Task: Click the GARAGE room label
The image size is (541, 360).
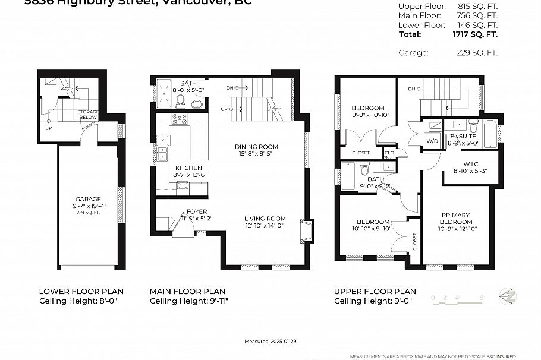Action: coord(88,199)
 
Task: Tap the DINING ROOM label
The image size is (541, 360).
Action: coord(256,147)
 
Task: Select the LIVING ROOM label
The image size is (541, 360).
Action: coord(265,218)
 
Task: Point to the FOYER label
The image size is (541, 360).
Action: coord(197,211)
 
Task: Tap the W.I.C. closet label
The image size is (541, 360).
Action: coord(467,164)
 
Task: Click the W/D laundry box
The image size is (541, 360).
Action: coord(432,141)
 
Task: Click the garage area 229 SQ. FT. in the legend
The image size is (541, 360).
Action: coord(474,53)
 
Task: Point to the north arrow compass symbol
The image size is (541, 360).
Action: coord(507,296)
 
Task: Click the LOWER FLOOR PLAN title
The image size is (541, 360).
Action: coord(81,291)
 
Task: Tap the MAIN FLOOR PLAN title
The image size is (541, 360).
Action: coord(187,291)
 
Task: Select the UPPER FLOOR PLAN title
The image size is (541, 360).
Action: coord(375,291)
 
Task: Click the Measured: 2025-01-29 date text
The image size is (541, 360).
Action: coord(270,342)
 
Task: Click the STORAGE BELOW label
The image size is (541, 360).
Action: coord(89,115)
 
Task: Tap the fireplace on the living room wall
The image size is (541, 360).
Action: coord(307,231)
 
